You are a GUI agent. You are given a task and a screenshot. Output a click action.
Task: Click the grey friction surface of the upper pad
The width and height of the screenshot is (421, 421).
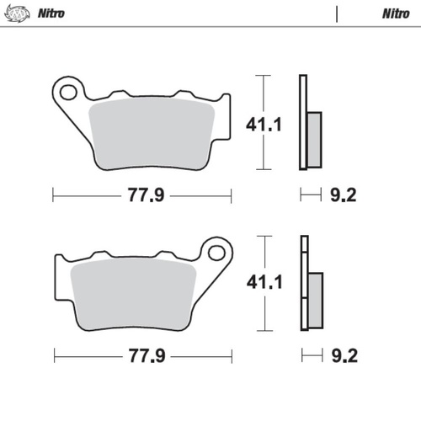coord(156,131)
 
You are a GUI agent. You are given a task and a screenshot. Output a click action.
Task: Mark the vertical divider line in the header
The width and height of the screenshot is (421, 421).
coord(337,14)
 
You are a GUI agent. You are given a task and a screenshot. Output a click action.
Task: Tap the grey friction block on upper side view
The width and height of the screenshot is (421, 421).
coord(313,138)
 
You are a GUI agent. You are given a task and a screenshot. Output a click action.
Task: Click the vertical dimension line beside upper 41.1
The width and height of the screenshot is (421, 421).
coord(265,124)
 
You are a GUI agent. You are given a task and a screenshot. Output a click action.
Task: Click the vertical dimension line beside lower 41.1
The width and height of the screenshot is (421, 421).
coord(265,283)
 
